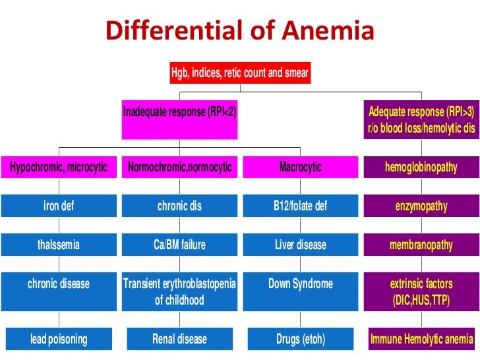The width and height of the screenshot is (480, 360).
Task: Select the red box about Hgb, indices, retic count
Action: tap(240, 73)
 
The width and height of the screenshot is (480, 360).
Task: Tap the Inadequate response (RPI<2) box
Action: tap(180, 119)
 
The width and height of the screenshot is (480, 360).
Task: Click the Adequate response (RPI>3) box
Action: tap(421, 119)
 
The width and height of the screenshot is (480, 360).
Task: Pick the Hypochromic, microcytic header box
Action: tap(59, 167)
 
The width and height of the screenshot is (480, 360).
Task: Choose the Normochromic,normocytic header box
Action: tap(180, 167)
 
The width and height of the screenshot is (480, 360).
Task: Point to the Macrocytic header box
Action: tap(301, 167)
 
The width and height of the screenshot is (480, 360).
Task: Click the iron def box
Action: tap(59, 206)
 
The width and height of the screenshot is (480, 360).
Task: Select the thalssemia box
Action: tap(59, 245)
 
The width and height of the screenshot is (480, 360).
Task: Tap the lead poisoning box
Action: tap(59, 340)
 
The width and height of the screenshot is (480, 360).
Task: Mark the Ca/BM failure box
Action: tap(180, 245)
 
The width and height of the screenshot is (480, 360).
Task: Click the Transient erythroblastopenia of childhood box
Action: tap(180, 292)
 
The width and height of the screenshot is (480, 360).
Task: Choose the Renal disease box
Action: tap(180, 340)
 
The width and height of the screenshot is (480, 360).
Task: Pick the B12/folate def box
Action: tap(301, 206)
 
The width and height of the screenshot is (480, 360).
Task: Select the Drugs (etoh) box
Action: tap(301, 340)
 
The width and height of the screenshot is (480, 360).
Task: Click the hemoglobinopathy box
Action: tap(421, 167)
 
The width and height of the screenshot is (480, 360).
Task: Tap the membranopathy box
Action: tap(421, 245)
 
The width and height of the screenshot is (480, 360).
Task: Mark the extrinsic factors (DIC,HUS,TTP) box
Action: tap(421, 292)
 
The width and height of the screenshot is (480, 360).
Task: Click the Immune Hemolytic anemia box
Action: tap(421, 340)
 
